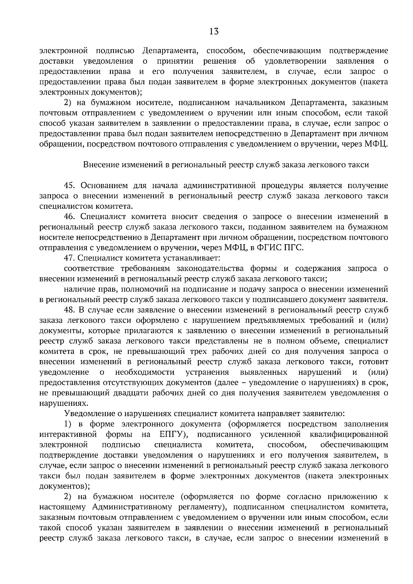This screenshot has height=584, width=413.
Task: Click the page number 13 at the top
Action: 213,32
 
